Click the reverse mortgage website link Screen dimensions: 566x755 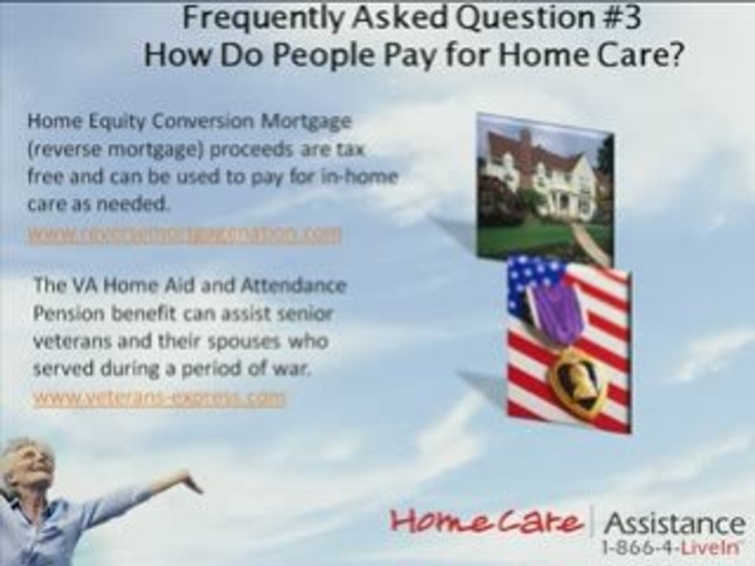click(185, 234)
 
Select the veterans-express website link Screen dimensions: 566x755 click(159, 399)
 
